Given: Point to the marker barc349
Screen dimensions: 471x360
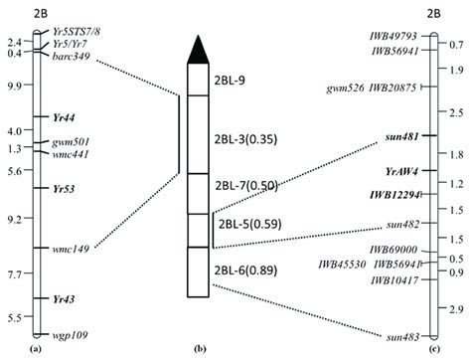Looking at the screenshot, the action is coord(72,56).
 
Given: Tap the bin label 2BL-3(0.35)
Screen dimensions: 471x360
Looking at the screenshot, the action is coord(242,135).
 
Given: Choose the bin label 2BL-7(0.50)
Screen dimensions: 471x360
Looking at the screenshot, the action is coord(242,186).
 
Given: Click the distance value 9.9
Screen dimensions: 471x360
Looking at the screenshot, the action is coord(14,86).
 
